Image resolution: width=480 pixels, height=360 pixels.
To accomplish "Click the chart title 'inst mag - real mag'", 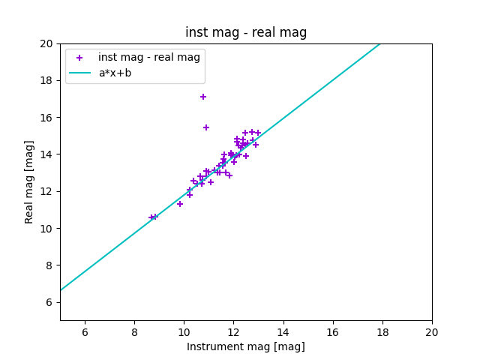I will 246,33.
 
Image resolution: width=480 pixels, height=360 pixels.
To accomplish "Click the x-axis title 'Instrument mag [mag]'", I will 246,346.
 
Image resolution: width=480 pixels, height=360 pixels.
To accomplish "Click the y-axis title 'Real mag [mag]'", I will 30,182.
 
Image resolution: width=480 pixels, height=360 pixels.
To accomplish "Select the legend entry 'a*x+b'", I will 115,73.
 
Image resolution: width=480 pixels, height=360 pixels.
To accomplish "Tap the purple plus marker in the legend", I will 79,58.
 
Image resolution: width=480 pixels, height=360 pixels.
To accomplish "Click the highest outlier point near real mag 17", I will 203,97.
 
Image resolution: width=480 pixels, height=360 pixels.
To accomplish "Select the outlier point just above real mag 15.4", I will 206,127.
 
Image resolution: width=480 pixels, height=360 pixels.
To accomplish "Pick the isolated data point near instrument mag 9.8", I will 180,204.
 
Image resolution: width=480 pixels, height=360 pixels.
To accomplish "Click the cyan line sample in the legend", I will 79,73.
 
